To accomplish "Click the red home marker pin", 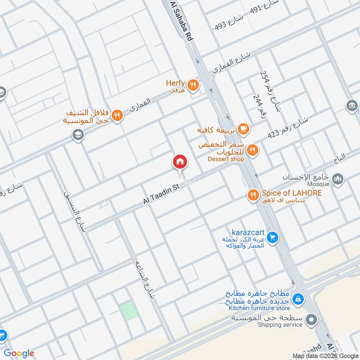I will [180, 162].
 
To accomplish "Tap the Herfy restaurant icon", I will [194, 84].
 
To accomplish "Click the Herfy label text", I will [175, 83].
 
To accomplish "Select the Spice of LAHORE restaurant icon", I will [253, 195].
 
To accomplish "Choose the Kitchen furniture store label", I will [259, 308].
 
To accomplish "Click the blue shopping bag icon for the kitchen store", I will [297, 298].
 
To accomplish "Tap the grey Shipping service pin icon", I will [311, 320].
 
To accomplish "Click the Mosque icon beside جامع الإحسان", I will [337, 180].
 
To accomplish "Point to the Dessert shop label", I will [226, 159].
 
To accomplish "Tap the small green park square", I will [129, 311].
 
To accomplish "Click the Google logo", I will [19, 353].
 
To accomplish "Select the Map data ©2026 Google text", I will [325, 355].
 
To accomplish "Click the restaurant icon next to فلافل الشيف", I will [117, 115].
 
